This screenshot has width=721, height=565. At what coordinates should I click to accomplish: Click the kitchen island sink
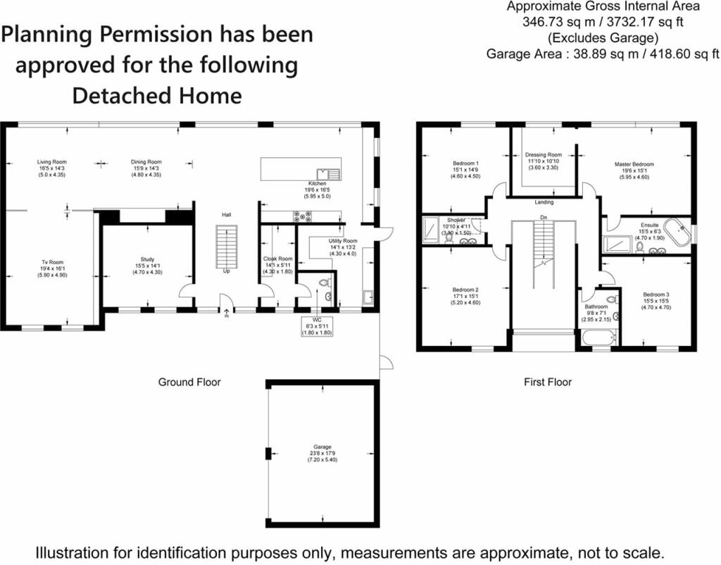click(x=329, y=173)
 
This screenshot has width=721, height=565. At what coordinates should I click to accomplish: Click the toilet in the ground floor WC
click(x=323, y=283)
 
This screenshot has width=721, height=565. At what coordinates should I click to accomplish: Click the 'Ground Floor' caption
click(x=189, y=383)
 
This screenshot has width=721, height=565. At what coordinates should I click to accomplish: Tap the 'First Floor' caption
click(x=547, y=383)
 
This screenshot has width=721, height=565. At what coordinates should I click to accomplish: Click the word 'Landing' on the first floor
click(x=544, y=202)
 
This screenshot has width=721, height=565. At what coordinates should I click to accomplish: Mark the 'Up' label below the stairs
click(x=226, y=271)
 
